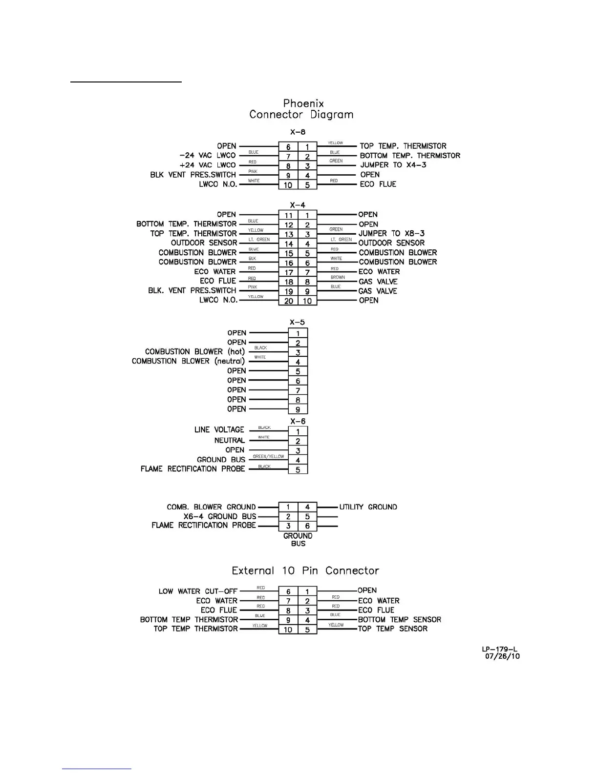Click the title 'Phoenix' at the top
pos(303,103)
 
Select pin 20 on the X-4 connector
pos(288,301)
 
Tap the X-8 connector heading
pos(298,132)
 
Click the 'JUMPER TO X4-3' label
pos(393,165)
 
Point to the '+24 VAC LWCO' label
pos(208,165)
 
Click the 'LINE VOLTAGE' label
pos(219,430)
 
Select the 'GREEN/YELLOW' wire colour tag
pos(268,457)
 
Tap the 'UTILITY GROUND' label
pos(368,507)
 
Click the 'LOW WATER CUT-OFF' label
pos(198,591)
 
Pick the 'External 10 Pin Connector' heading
pos(305,570)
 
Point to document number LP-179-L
pos(500,649)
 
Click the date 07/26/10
pos(502,656)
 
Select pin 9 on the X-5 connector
pos(298,409)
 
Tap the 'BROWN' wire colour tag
pos(338,277)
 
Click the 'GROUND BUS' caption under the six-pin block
pos(298,539)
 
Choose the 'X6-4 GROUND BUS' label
pos(220,516)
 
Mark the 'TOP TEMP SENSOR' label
pos(393,629)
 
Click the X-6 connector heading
pos(298,421)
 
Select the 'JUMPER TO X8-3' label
pos(392,233)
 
